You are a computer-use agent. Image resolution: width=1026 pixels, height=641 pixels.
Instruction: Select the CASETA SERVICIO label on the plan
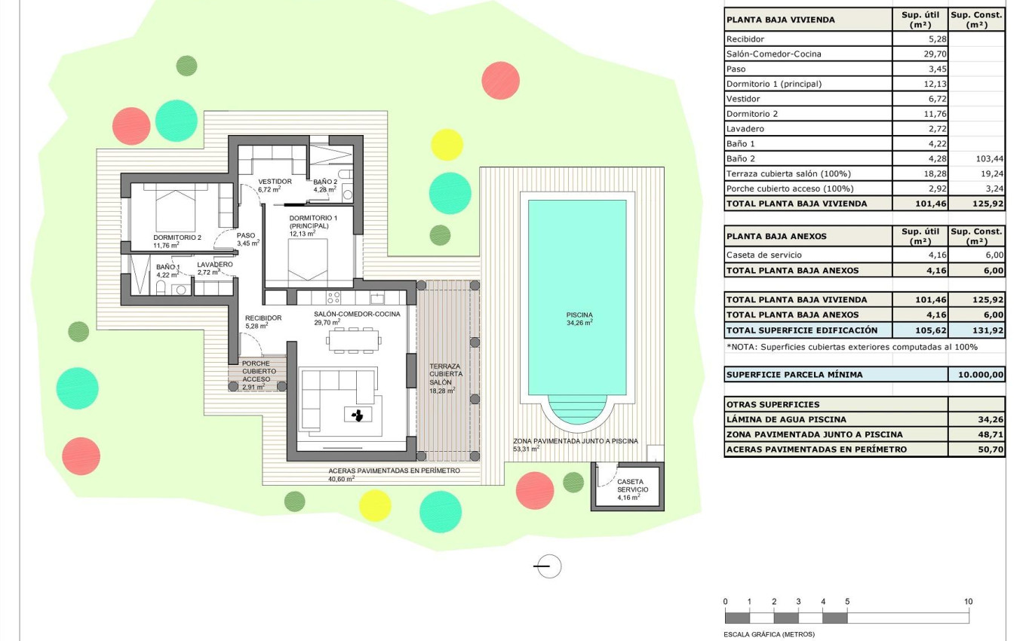pos(630,485)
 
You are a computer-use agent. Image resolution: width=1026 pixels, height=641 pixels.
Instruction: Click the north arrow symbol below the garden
pos(548,566)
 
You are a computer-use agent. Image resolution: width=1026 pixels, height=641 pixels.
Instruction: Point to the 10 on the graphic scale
pos(968,602)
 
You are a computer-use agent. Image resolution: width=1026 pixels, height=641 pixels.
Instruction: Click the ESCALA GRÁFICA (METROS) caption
pos(769,634)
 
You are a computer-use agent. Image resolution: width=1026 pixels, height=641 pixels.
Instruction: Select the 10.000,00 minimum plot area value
pos(977,375)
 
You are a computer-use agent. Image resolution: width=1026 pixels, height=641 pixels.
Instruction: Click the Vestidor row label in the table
pos(743,99)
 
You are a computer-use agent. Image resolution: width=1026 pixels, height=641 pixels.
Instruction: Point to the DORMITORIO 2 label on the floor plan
pos(177,238)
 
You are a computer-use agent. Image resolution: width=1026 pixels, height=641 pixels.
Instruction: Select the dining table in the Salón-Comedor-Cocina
pos(353,340)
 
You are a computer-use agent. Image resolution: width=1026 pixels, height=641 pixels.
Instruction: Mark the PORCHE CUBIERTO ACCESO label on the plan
pos(259,371)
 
